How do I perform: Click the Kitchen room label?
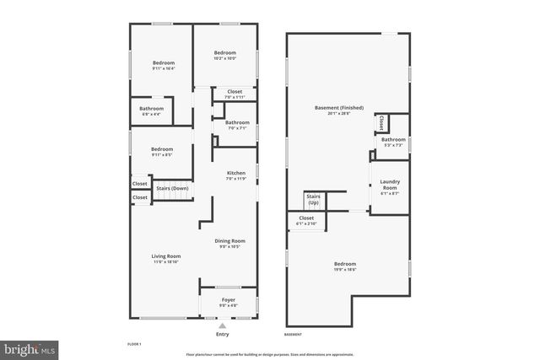pyautogui.click(x=235, y=174)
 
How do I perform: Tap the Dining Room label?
pyautogui.click(x=229, y=242)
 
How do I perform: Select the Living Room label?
pyautogui.click(x=166, y=256)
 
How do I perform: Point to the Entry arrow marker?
pyautogui.click(x=222, y=325)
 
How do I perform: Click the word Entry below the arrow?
pyautogui.click(x=222, y=334)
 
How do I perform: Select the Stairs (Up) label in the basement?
pyautogui.click(x=314, y=201)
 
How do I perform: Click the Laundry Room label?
pyautogui.click(x=390, y=184)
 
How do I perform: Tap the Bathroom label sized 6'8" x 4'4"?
pyautogui.click(x=152, y=108)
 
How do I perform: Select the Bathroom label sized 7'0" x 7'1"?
pyautogui.click(x=236, y=122)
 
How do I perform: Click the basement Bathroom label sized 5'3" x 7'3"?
pyautogui.click(x=392, y=139)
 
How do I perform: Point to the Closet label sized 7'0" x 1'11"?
pyautogui.click(x=234, y=91)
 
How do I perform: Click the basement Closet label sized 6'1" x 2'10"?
pyautogui.click(x=306, y=219)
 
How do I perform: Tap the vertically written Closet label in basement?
pyautogui.click(x=381, y=123)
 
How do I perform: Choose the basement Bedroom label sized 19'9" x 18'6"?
pyautogui.click(x=345, y=265)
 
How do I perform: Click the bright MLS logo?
pyautogui.click(x=30, y=347)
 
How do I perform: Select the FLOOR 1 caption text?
pyautogui.click(x=134, y=345)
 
